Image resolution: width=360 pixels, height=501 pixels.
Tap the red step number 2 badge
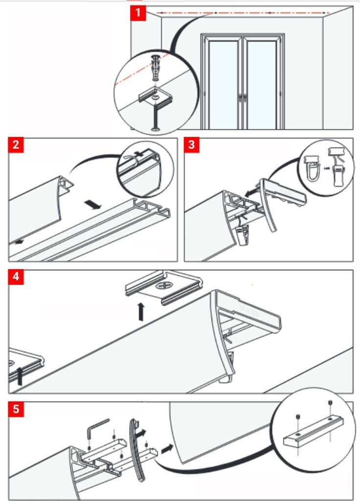[x=16, y=145]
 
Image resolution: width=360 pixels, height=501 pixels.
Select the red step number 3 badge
[x=192, y=145]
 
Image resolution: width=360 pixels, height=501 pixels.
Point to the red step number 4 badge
[x=16, y=277]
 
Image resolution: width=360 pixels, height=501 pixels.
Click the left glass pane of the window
[x=224, y=83]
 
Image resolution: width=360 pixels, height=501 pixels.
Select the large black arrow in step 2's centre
[x=93, y=204]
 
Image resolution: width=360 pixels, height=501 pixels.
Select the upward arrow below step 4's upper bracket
[x=141, y=312]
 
